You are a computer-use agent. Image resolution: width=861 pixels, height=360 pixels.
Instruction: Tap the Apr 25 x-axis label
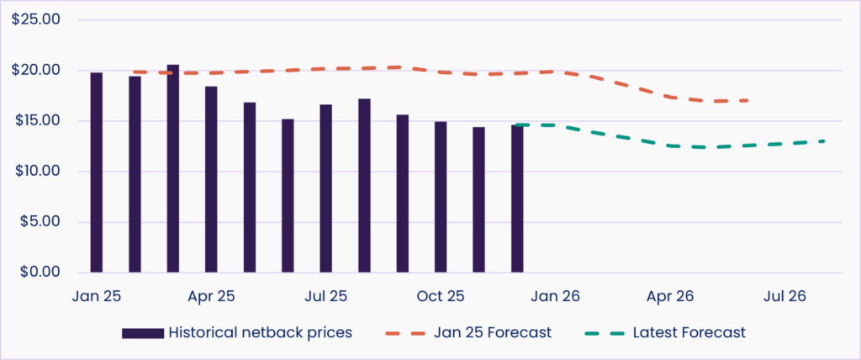pyautogui.click(x=211, y=296)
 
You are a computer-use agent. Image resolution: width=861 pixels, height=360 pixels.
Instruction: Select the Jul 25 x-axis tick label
pyautogui.click(x=326, y=296)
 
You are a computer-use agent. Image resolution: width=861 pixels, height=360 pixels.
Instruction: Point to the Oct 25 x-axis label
pyautogui.click(x=441, y=296)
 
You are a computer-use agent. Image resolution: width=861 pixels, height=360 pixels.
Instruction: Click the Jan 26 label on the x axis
pyautogui.click(x=556, y=296)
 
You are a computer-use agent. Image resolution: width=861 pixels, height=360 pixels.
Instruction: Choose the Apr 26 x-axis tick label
pyautogui.click(x=670, y=296)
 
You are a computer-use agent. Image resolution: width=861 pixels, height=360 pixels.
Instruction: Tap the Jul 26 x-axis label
pyautogui.click(x=785, y=296)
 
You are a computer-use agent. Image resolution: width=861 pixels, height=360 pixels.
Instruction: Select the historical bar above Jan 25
pyautogui.click(x=97, y=172)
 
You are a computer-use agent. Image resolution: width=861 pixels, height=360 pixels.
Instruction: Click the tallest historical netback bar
pyautogui.click(x=173, y=168)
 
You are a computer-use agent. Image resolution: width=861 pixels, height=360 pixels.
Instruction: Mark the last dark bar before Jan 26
pyautogui.click(x=517, y=199)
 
